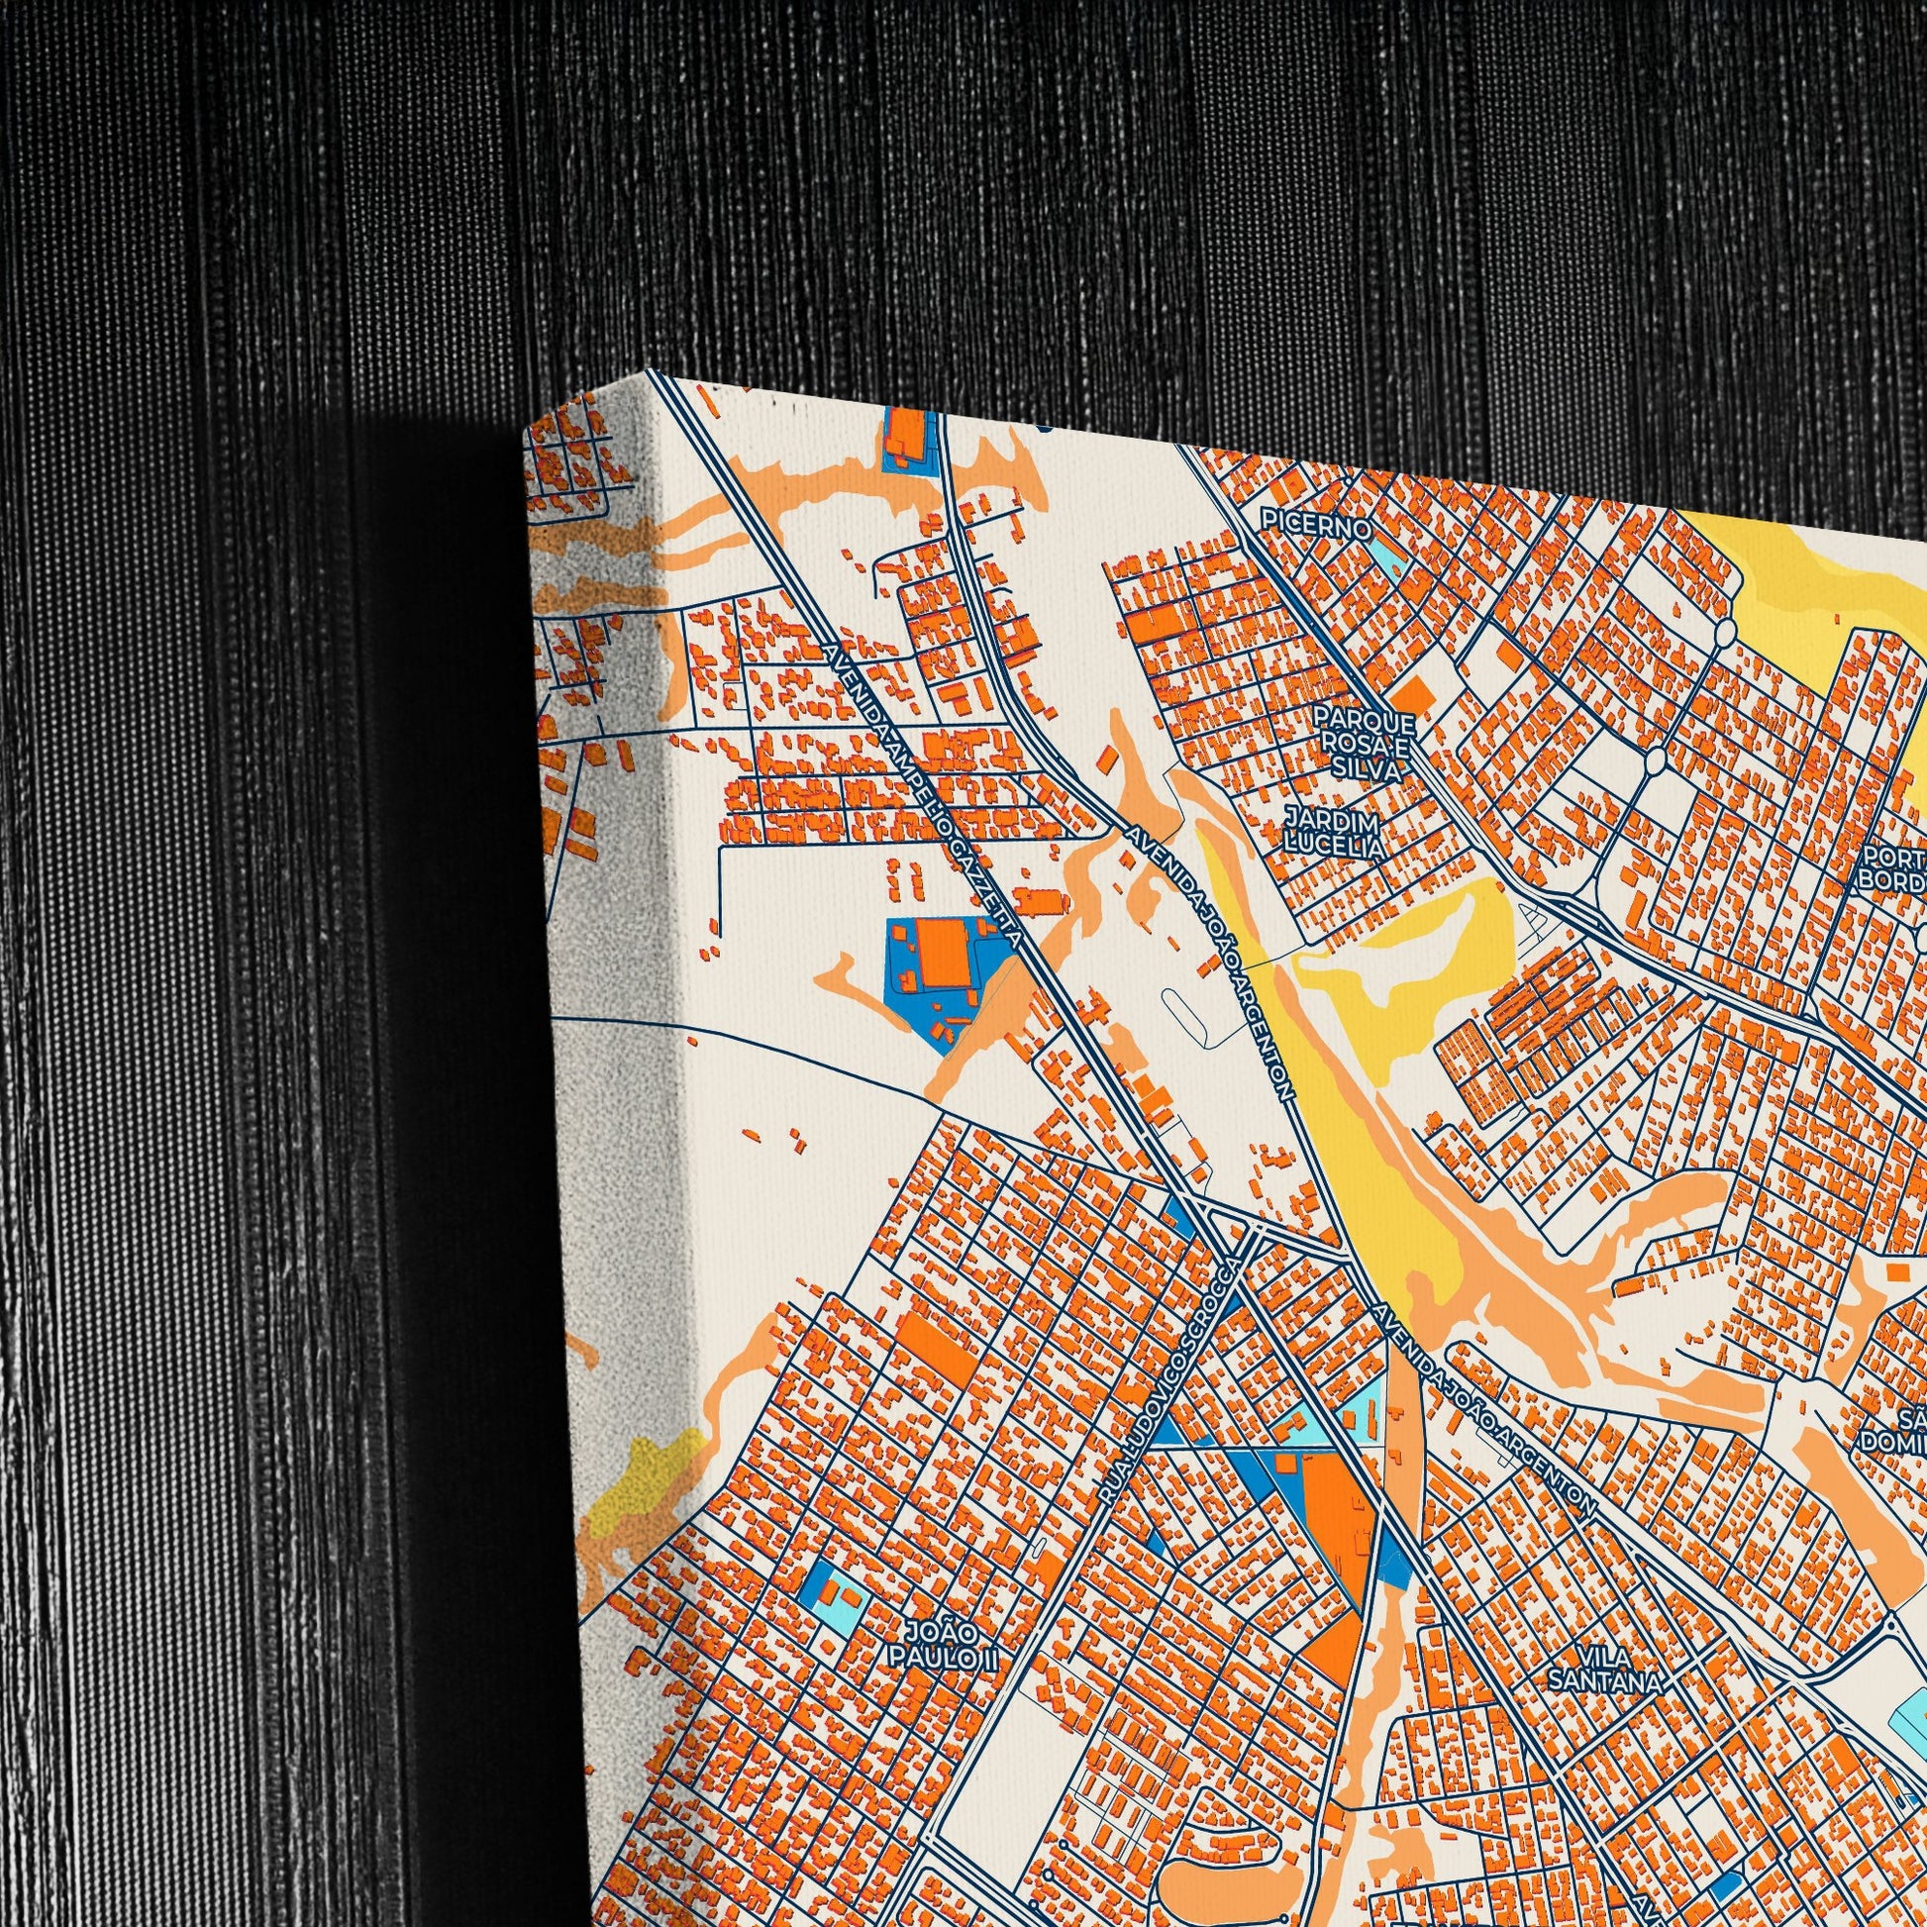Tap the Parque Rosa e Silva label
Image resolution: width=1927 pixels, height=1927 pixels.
pos(1364,743)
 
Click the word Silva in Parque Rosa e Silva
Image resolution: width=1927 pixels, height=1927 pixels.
pos(1364,769)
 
